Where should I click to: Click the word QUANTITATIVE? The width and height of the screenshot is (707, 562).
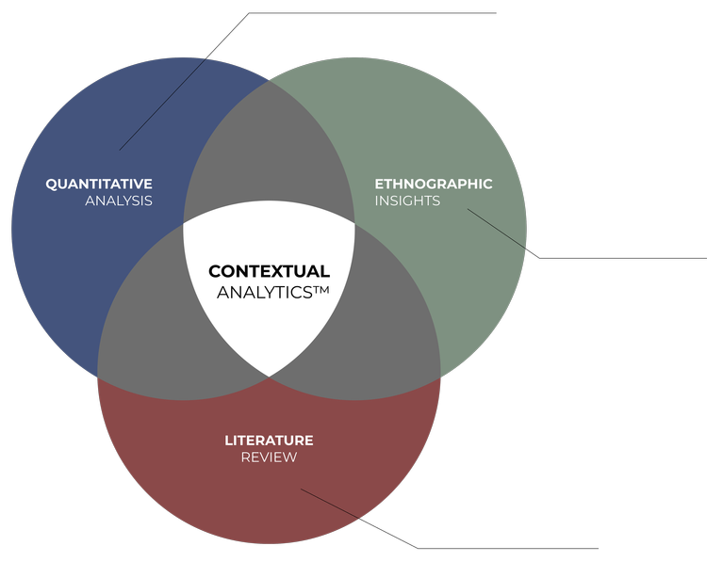99,184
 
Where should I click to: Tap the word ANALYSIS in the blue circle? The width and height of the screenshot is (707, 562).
119,201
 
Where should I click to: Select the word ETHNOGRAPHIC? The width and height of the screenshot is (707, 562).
434,184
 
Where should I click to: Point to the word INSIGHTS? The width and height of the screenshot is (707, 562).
407,201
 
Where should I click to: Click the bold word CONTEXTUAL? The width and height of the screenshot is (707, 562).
269,272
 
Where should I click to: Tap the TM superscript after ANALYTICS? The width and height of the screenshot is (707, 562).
321,289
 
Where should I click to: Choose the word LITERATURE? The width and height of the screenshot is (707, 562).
269,441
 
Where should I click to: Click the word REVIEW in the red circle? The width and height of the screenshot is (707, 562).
269,458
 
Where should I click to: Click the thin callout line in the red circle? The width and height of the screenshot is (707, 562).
330,504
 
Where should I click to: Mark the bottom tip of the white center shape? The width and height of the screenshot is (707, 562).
270,376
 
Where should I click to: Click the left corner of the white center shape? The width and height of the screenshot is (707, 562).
184,225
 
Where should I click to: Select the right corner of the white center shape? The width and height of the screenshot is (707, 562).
354,224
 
